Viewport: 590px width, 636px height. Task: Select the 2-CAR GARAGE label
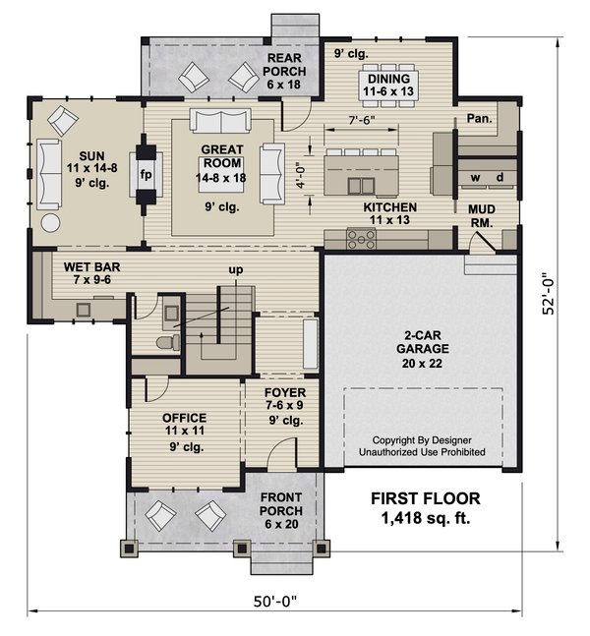424,347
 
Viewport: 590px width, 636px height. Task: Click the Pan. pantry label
480,118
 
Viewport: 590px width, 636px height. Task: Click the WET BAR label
93,273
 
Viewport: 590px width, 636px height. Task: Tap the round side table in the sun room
49,221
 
